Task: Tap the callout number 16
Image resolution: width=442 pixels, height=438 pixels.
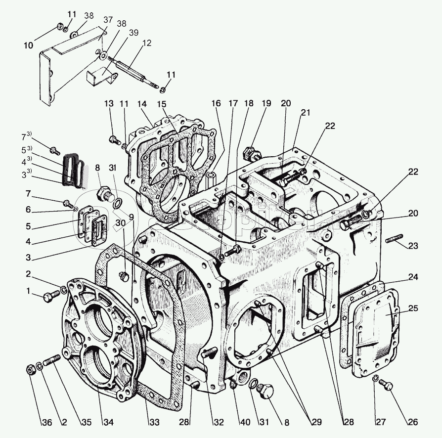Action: coord(216,104)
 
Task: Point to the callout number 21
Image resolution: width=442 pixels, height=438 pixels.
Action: coord(305,113)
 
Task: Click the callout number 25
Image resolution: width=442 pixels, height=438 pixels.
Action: coord(413,309)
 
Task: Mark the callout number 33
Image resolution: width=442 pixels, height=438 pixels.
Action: coord(154,422)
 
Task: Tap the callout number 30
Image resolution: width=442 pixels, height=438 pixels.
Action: coord(121,223)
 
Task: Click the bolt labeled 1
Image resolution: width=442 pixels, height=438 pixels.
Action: coord(50,297)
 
